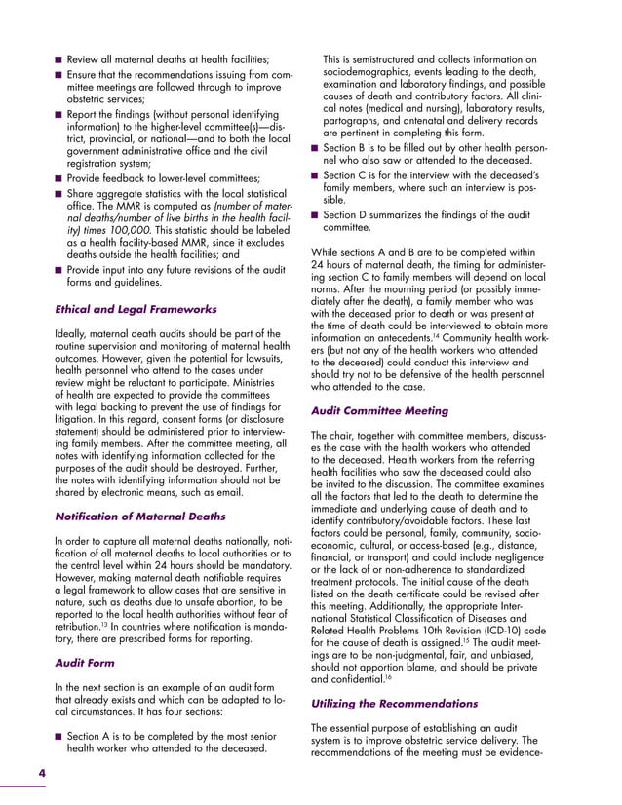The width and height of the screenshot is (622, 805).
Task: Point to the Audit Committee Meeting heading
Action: click(378, 412)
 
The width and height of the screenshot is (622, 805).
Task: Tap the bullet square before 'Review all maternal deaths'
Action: click(59, 60)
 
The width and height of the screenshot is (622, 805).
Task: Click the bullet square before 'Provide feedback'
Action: click(59, 178)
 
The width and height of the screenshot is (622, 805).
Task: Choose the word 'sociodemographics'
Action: click(371, 73)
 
